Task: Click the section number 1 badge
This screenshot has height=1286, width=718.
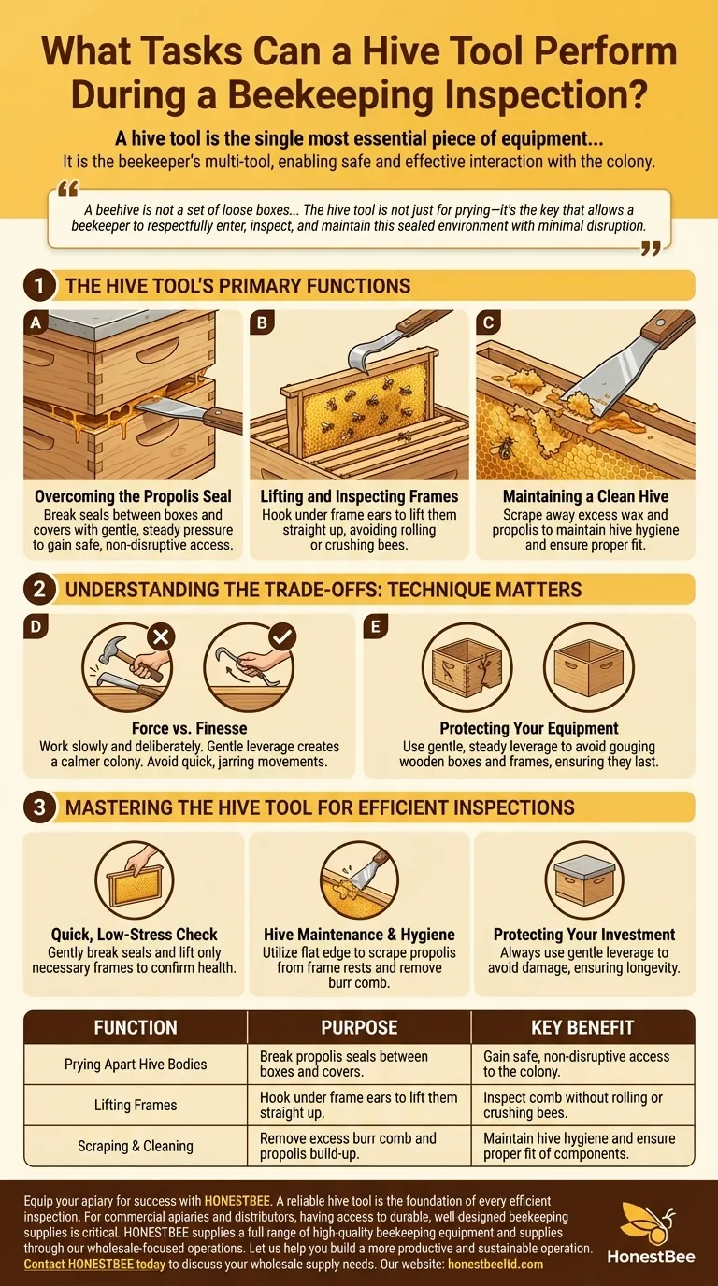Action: click(38, 285)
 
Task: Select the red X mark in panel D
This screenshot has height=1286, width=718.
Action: click(161, 637)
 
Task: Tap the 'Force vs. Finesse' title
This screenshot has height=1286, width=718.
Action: click(190, 728)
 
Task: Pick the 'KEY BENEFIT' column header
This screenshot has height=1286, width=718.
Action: click(582, 1027)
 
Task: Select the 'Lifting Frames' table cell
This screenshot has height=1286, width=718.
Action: click(136, 1105)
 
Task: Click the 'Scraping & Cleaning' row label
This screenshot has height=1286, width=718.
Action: click(136, 1146)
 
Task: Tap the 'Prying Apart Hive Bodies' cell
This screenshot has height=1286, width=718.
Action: click(136, 1064)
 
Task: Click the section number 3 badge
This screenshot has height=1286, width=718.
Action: click(38, 807)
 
